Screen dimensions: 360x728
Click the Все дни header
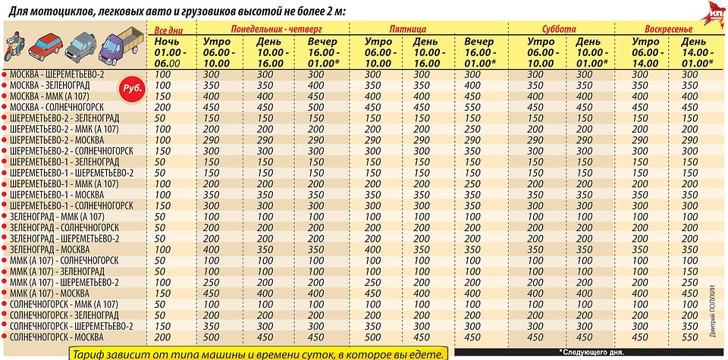click(x=168, y=28)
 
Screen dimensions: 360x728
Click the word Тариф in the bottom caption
click(x=89, y=352)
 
